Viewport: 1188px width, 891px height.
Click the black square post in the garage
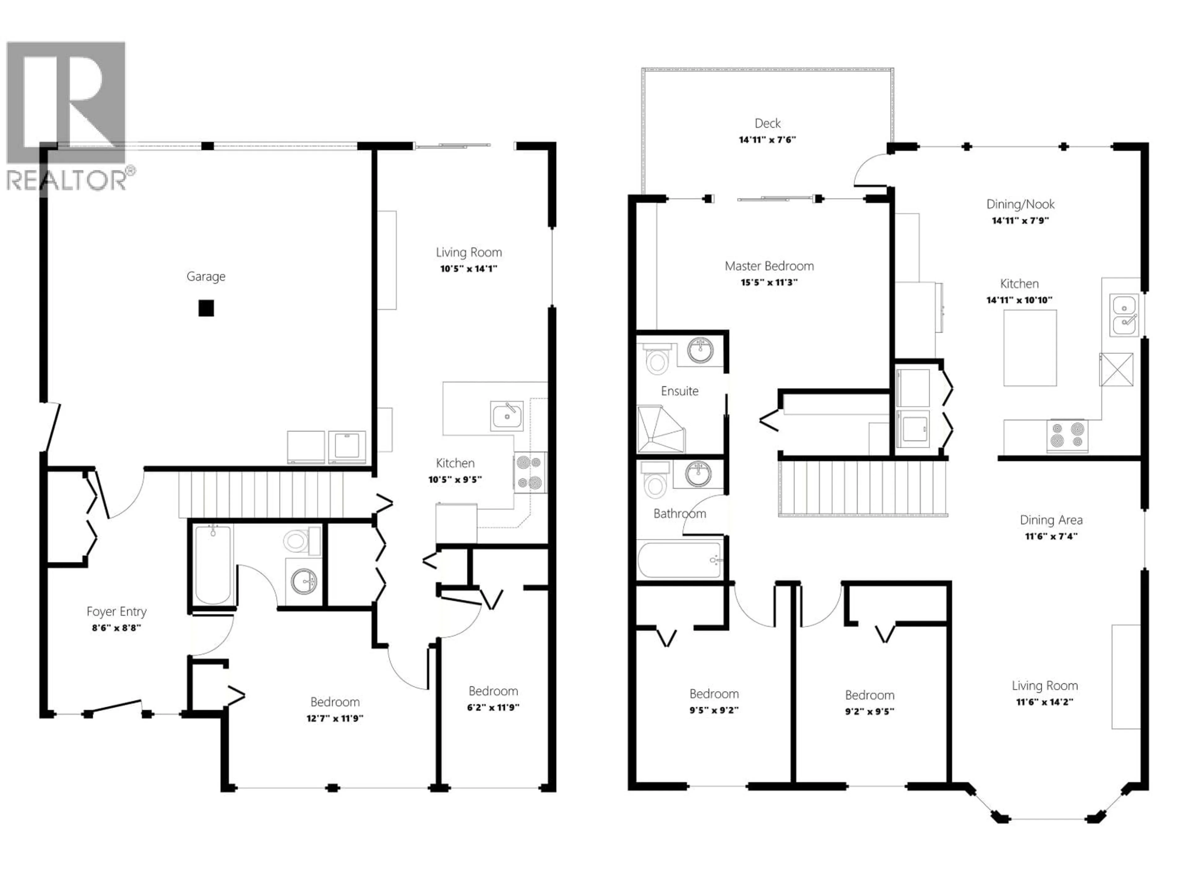tap(206, 308)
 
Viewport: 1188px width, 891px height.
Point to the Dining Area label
tap(1051, 520)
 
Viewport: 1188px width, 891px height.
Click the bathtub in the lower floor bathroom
tap(213, 565)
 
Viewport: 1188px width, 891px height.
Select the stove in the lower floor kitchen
tap(530, 473)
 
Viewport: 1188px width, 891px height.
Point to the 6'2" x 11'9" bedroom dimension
tap(493, 707)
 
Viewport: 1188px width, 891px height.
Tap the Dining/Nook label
tap(1020, 204)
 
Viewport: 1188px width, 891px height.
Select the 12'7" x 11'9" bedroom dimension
tap(335, 718)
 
